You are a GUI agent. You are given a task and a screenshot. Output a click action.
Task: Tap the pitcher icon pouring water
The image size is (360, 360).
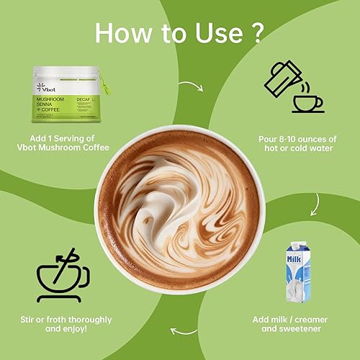point(282,78)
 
